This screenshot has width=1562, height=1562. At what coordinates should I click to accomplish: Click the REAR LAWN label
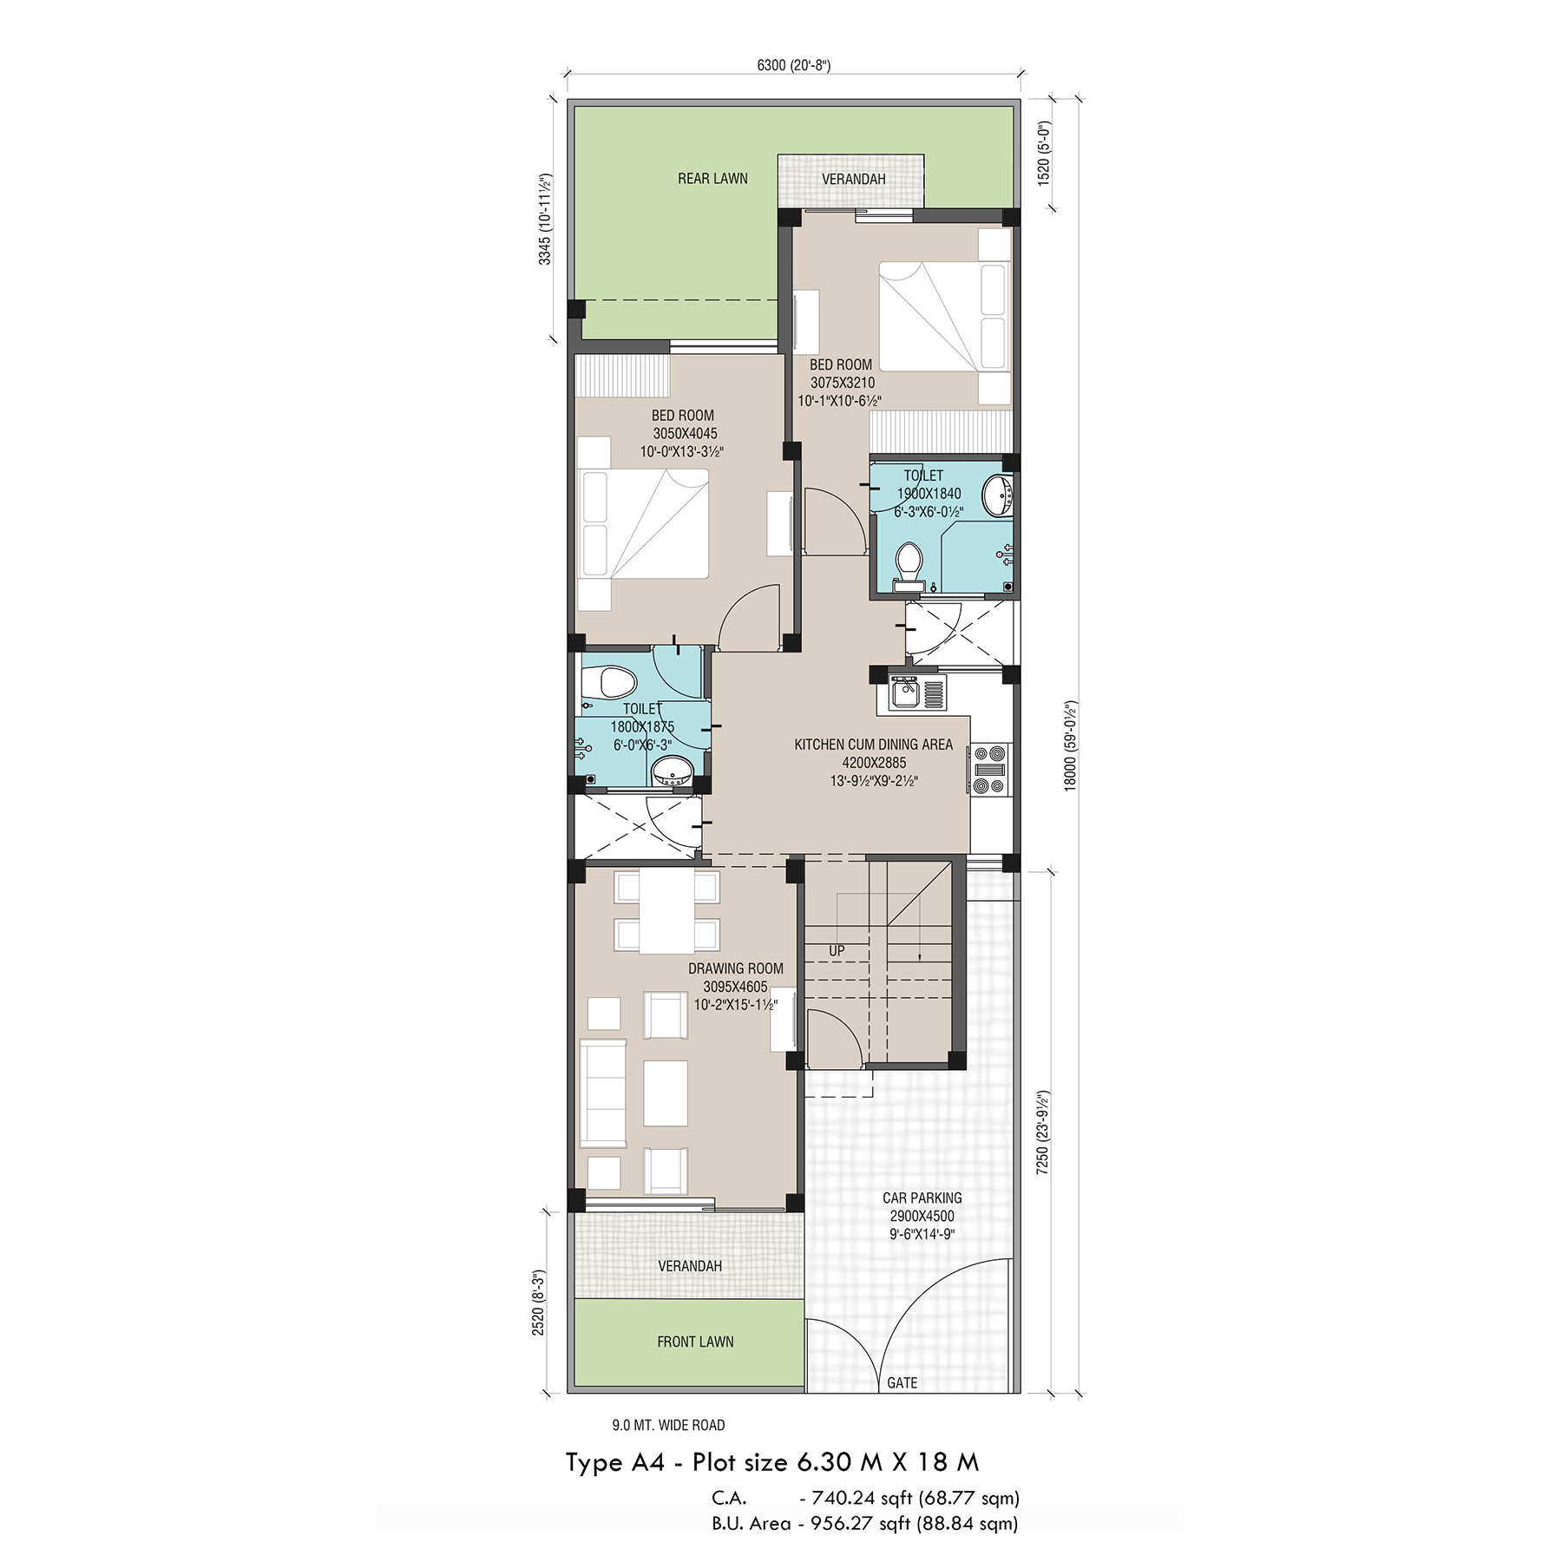[712, 179]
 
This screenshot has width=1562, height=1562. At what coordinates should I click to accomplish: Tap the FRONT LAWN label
[695, 1342]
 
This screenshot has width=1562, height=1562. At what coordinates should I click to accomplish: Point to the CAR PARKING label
[922, 1198]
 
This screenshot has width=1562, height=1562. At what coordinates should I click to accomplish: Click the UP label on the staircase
[837, 951]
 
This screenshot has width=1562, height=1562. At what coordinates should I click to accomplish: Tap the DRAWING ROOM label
[736, 968]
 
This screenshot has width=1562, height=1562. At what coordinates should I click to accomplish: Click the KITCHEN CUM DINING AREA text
[874, 745]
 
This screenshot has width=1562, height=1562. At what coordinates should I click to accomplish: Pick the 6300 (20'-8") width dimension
[794, 66]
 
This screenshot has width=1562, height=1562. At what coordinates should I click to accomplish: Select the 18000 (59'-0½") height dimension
[1070, 745]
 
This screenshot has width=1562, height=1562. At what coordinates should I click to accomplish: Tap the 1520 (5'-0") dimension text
[1044, 153]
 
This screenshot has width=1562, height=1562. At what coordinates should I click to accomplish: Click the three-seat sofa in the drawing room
[603, 1093]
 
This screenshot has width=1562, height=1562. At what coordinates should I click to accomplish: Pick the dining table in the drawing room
[666, 911]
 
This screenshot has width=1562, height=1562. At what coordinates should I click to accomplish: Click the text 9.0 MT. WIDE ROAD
[668, 1425]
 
